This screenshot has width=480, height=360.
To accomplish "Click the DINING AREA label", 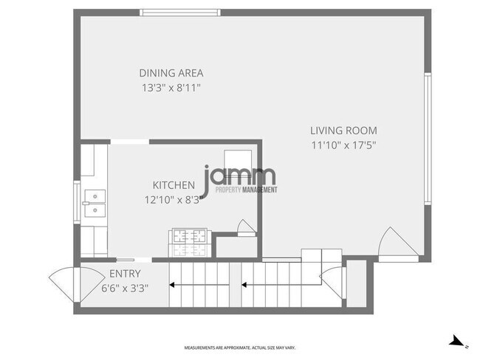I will pyautogui.click(x=171, y=73).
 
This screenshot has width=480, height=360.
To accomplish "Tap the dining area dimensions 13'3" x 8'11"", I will pyautogui.click(x=171, y=88).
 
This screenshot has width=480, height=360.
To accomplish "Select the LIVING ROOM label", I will pyautogui.click(x=343, y=131).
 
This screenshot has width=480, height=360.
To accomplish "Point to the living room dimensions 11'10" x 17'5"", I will pyautogui.click(x=343, y=145).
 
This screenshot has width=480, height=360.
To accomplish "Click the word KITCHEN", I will pyautogui.click(x=174, y=185).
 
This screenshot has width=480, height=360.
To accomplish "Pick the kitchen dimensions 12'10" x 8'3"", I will pyautogui.click(x=174, y=199).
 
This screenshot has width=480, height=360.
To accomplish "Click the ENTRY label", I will pyautogui.click(x=125, y=274).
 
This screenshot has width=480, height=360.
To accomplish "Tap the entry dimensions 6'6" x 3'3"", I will pyautogui.click(x=125, y=288).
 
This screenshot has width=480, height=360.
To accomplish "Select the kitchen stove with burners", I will pyautogui.click(x=189, y=237).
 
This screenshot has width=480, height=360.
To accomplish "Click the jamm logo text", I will pyautogui.click(x=240, y=176).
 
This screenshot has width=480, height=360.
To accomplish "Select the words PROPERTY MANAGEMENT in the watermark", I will pyautogui.click(x=246, y=190).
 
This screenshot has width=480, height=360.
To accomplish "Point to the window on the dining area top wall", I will pyautogui.click(x=180, y=12).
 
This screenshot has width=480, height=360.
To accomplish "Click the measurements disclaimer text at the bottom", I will pyautogui.click(x=239, y=347).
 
